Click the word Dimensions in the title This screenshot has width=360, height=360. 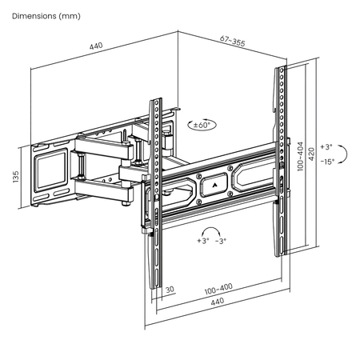click(x=31, y=16)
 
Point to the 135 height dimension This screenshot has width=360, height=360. click(x=16, y=176)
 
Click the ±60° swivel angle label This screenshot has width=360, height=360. click(x=202, y=125)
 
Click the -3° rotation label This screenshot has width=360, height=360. click(x=220, y=241)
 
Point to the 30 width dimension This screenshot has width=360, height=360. click(x=170, y=290)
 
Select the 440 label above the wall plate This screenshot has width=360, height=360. click(x=96, y=47)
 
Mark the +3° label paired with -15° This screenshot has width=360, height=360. click(x=325, y=147)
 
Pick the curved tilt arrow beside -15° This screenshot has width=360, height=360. click(x=342, y=154)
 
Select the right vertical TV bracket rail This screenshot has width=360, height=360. click(x=281, y=160)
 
